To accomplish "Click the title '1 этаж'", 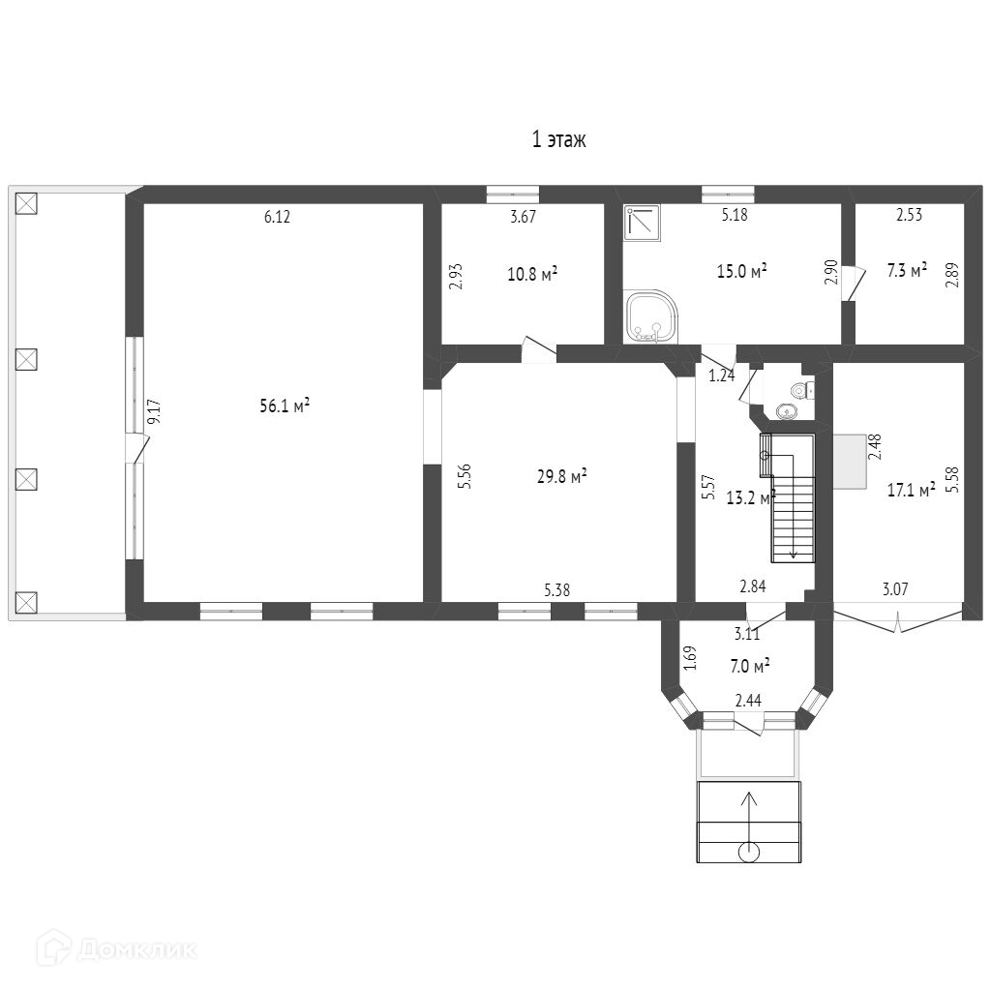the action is pos(558,140).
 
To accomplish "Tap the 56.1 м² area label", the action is pos(284,406).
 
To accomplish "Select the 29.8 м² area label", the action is pos(562,476).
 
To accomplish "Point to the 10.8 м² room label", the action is pos(532,274).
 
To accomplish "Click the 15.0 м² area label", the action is pos(741,271).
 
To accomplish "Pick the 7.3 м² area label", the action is pos(907,271).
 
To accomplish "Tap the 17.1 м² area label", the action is pos(911,491).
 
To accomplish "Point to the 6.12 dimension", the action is pos(277,218).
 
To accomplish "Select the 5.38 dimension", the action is pos(558,588).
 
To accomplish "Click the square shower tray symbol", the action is pos(642,222).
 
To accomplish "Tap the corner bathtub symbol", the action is pos(650,317).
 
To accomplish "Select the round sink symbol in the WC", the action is pos(787,411).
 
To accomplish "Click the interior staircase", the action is pos(793,498).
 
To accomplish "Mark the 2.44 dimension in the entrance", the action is pos(748,700).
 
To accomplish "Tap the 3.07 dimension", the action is pos(896,587).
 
